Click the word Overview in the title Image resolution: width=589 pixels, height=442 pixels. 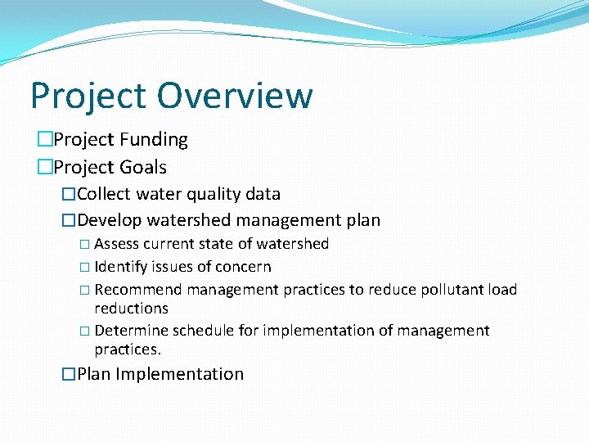tap(235, 95)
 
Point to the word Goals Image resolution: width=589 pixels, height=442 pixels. tap(144, 167)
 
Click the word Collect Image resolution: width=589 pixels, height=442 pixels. tap(105, 194)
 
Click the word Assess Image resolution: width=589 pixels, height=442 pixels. tap(116, 244)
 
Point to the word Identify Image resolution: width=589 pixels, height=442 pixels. tap(120, 267)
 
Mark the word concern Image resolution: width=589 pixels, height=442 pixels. tap(243, 267)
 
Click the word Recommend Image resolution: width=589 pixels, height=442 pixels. tap(138, 290)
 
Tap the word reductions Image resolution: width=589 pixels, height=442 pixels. tap(131, 309)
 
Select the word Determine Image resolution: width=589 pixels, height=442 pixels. tap(128, 331)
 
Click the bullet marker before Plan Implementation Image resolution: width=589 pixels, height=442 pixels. tap(69, 374)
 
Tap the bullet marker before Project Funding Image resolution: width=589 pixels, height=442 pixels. tap(45, 140)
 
